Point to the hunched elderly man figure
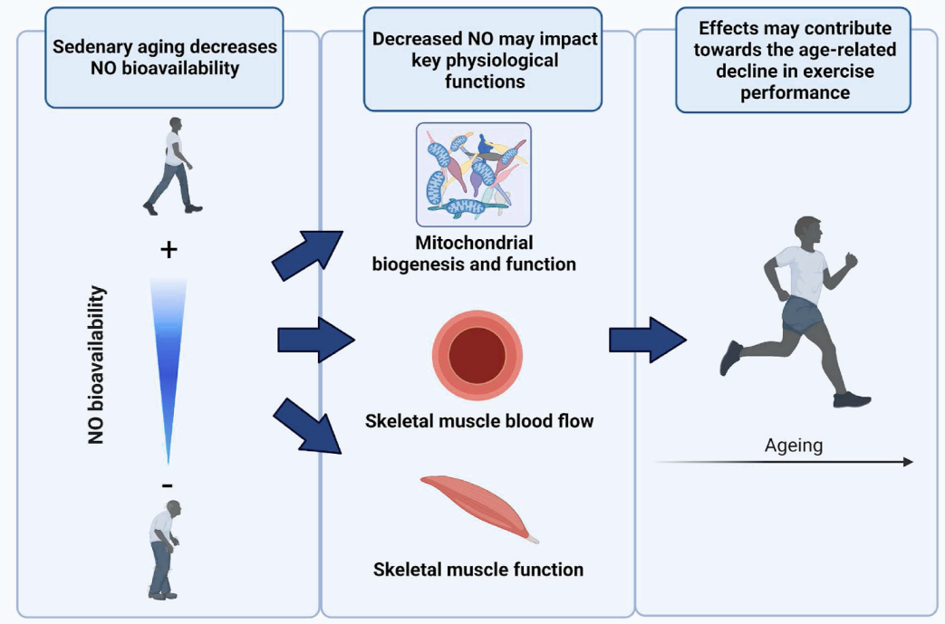[x=164, y=549]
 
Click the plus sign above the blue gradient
[x=169, y=250]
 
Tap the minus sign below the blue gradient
[x=169, y=485]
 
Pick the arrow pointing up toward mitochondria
[x=307, y=253]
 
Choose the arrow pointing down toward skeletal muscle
[x=308, y=427]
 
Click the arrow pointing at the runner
[x=646, y=340]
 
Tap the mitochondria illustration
[x=473, y=174]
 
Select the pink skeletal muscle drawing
[x=479, y=508]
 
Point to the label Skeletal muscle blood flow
[x=479, y=421]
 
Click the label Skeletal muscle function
[x=478, y=570]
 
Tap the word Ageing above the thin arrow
[x=794, y=446]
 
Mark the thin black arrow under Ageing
[x=785, y=462]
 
